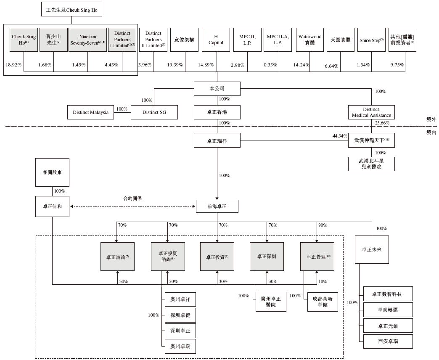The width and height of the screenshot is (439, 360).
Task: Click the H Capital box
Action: point(216,40)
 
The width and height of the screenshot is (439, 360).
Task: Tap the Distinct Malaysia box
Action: point(90,112)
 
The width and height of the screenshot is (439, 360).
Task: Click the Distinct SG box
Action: point(154,112)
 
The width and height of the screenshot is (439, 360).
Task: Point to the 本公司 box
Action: point(217,89)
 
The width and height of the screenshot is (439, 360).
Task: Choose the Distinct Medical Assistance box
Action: point(371,112)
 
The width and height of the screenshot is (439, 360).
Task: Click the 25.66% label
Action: point(381,123)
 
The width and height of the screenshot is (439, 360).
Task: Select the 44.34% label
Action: point(339,136)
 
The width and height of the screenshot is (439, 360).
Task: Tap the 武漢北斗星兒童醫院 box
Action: point(371,164)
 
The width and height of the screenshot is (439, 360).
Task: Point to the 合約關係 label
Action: point(132,198)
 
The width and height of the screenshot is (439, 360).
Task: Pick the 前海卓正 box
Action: point(217,206)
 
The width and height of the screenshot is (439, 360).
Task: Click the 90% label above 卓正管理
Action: point(323,225)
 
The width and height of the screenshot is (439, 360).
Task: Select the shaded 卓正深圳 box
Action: point(267,257)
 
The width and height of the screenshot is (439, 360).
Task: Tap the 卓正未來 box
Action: point(372,249)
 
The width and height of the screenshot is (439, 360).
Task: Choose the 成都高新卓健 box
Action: point(323,302)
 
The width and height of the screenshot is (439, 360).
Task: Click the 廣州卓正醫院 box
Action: point(271,302)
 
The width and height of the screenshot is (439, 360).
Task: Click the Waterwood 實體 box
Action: point(310,40)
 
